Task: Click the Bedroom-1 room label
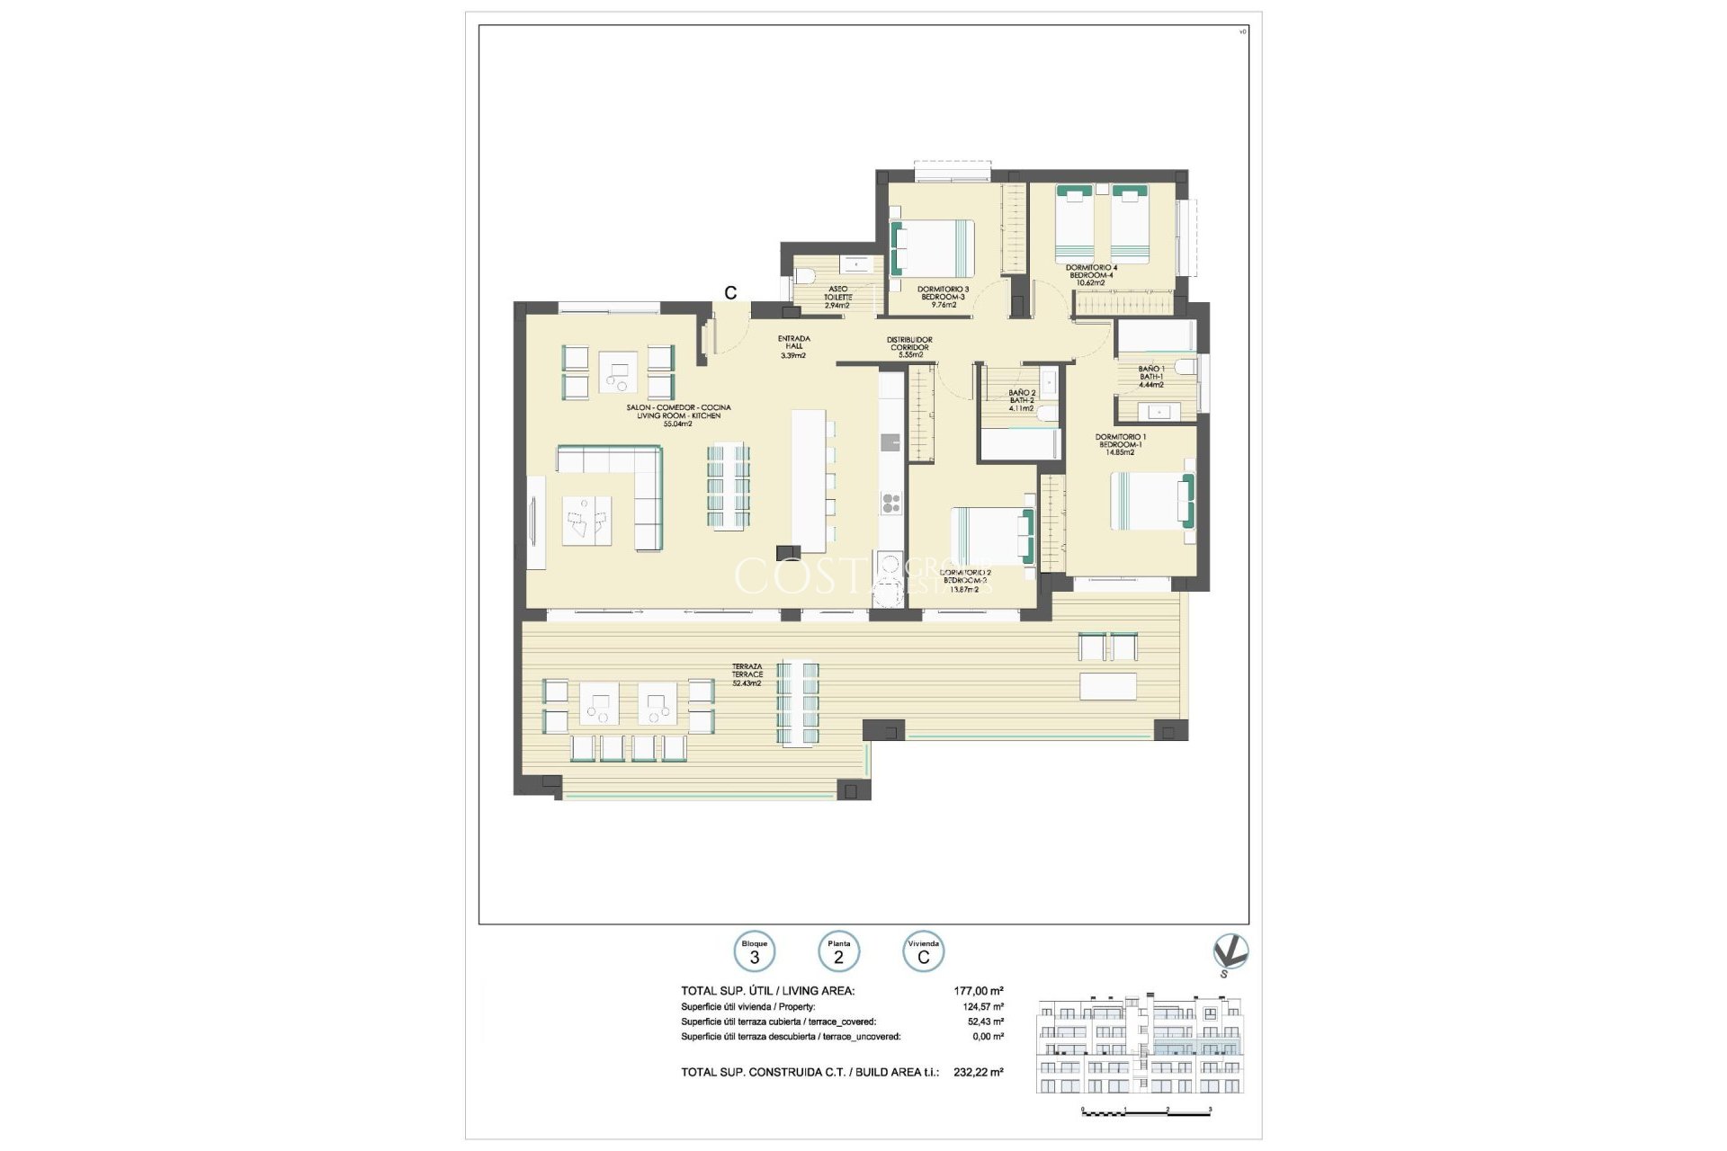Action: pyautogui.click(x=1120, y=445)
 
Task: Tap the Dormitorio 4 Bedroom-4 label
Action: pyautogui.click(x=1091, y=274)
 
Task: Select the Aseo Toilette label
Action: pyautogui.click(x=837, y=297)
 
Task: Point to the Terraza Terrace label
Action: pyautogui.click(x=747, y=674)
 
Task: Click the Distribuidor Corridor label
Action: pyautogui.click(x=910, y=347)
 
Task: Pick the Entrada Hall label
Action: pyautogui.click(x=793, y=346)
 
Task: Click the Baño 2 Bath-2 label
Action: pyautogui.click(x=1021, y=400)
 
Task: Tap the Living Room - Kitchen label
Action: pyautogui.click(x=678, y=415)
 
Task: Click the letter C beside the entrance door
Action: pyautogui.click(x=730, y=293)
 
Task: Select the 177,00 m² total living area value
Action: pyautogui.click(x=978, y=991)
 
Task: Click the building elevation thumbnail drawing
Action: pyautogui.click(x=1140, y=1045)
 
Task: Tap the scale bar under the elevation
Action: pyautogui.click(x=1147, y=1112)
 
